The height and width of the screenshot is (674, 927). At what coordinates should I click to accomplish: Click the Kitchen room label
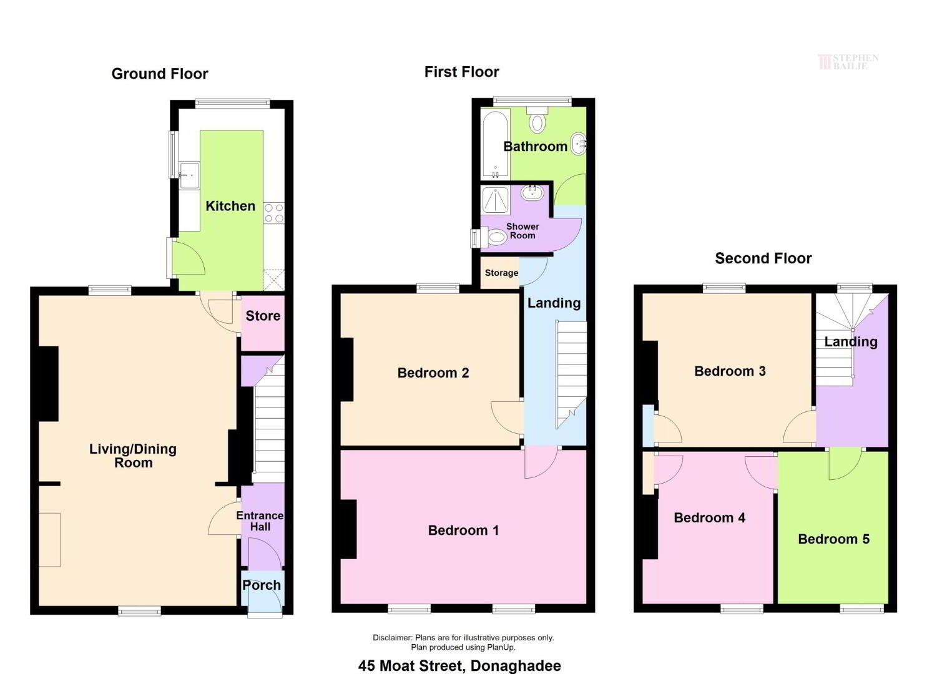click(230, 206)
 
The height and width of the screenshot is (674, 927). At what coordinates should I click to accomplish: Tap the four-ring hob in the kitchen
click(274, 213)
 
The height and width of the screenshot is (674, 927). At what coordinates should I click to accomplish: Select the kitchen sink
click(189, 175)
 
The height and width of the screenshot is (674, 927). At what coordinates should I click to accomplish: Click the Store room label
click(263, 316)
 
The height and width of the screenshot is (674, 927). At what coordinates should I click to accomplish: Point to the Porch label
click(262, 585)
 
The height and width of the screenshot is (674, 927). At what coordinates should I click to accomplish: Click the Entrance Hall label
click(260, 521)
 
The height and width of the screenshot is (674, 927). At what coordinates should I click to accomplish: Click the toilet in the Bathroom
click(537, 120)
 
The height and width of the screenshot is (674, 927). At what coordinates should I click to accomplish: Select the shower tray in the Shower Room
click(496, 200)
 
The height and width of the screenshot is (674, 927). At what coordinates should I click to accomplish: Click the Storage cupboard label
click(501, 273)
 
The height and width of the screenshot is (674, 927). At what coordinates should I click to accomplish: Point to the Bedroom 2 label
click(433, 373)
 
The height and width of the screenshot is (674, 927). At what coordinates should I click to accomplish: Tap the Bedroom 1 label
click(463, 530)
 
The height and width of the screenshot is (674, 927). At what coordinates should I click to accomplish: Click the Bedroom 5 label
click(834, 539)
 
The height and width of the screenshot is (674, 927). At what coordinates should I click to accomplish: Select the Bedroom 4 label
click(710, 517)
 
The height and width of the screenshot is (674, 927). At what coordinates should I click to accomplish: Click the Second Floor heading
click(763, 258)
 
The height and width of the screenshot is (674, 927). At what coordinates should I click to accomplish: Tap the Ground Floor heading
click(160, 74)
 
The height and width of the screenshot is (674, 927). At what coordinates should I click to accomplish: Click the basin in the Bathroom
click(579, 144)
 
